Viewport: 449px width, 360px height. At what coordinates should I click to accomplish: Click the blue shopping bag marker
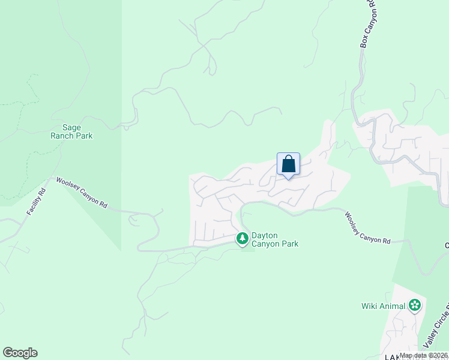[x=288, y=164]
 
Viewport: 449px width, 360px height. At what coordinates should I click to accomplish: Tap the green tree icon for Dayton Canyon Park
[x=243, y=239]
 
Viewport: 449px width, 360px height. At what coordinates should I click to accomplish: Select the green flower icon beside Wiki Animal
[x=414, y=305]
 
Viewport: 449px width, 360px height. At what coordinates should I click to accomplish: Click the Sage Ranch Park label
[x=77, y=131]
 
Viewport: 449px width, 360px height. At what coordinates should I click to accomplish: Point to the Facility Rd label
[x=36, y=203]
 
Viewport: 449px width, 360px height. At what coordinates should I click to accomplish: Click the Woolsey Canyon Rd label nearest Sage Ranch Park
[x=82, y=193]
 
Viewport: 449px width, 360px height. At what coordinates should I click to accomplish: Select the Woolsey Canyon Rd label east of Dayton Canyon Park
[x=367, y=227]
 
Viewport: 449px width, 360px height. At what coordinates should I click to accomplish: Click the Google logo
[x=20, y=353]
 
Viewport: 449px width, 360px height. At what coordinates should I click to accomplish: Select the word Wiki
[x=370, y=306]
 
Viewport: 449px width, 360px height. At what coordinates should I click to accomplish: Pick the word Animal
[x=393, y=306]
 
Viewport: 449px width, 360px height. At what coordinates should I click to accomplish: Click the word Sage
[x=72, y=127]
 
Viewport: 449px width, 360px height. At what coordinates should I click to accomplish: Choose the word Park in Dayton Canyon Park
[x=288, y=244]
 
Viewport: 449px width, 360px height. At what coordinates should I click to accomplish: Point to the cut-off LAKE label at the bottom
[x=396, y=357]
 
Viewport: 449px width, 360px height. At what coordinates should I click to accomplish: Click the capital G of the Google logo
[x=8, y=353]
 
